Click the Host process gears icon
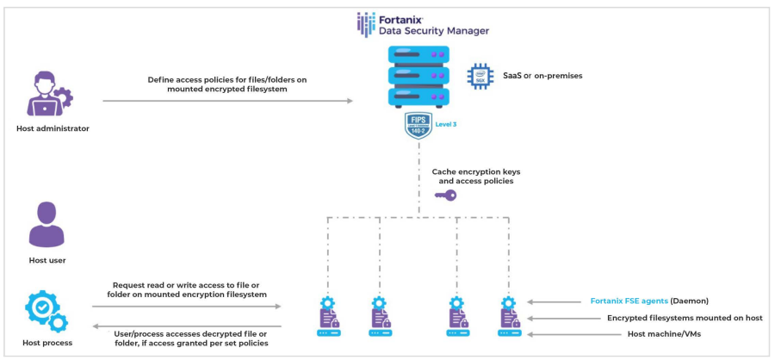48,311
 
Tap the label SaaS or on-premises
542,76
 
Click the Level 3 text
445,125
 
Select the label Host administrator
53,129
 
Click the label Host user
47,259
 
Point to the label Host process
49,343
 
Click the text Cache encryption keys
475,171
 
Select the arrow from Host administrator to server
227,101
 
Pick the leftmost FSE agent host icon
328,315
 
